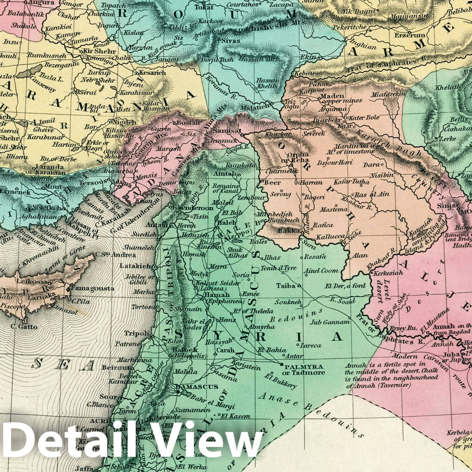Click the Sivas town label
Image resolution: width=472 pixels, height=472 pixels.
231,41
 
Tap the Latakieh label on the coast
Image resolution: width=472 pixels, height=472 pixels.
135,266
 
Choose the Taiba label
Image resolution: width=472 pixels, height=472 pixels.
286,286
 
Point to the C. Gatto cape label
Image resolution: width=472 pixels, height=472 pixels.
23,326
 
